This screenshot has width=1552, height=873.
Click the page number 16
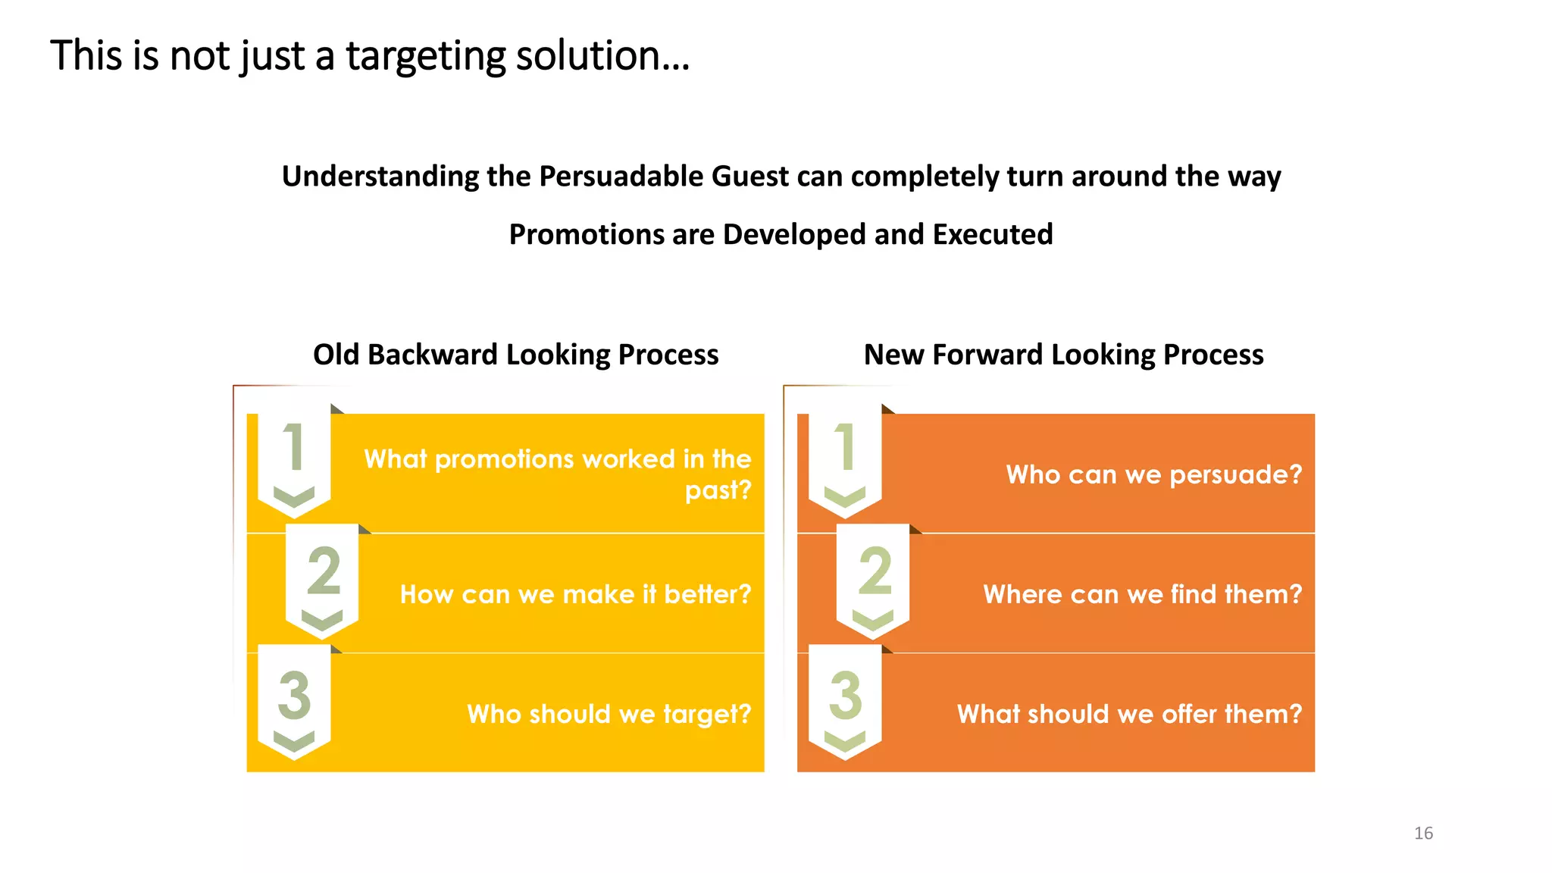(x=1423, y=833)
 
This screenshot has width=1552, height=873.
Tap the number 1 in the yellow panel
(x=293, y=447)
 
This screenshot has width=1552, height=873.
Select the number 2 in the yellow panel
(x=324, y=571)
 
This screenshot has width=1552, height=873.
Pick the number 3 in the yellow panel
(x=294, y=694)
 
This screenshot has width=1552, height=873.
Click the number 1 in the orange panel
(x=844, y=447)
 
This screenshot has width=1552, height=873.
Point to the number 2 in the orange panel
(x=875, y=571)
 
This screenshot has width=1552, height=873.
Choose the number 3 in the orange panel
(x=845, y=694)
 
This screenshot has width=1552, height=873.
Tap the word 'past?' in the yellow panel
(x=718, y=490)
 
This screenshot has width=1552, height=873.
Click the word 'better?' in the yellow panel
(x=707, y=594)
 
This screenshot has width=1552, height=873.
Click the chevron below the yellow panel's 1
(x=293, y=497)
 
